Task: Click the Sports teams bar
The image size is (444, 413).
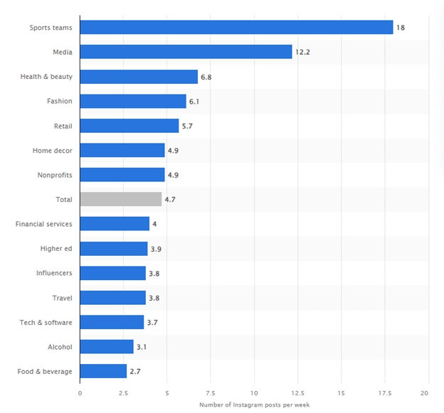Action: pos(236,27)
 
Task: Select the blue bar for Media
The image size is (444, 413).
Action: pos(186,52)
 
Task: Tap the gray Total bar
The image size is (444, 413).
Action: pos(120,199)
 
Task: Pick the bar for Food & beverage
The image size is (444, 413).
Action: pos(103,371)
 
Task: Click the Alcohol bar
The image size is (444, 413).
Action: pos(107,346)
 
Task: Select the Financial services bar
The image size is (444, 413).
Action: pos(115,224)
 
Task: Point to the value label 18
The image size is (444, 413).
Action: pos(402,27)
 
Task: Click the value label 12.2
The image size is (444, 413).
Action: pos(303,52)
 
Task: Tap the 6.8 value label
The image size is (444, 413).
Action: pos(208,76)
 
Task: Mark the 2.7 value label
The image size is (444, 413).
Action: pos(135,371)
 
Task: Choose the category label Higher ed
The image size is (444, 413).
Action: pos(56,248)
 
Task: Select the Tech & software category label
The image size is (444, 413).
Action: pos(46,322)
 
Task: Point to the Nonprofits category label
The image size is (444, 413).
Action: pos(54,174)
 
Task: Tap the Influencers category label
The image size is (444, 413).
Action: pos(54,273)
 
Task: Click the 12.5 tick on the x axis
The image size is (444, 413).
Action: pos(297,392)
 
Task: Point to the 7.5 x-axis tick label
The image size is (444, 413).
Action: pos(211,392)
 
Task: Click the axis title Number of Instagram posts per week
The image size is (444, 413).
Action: pos(253,404)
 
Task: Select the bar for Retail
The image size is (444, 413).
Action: pos(129,125)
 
